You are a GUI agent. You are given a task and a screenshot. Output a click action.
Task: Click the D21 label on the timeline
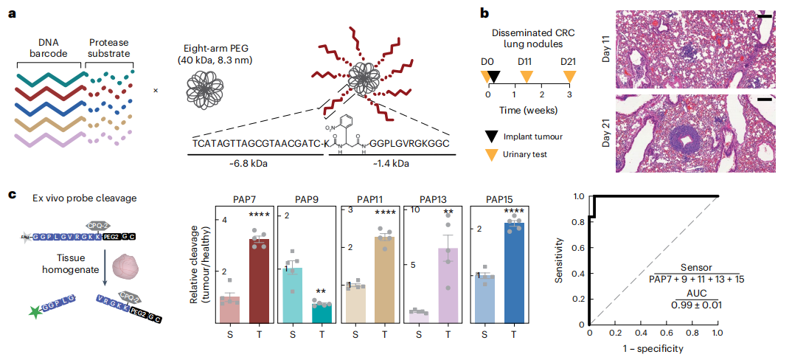pos(568,60)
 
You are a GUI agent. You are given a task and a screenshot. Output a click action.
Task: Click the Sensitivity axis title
pos(561,263)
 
